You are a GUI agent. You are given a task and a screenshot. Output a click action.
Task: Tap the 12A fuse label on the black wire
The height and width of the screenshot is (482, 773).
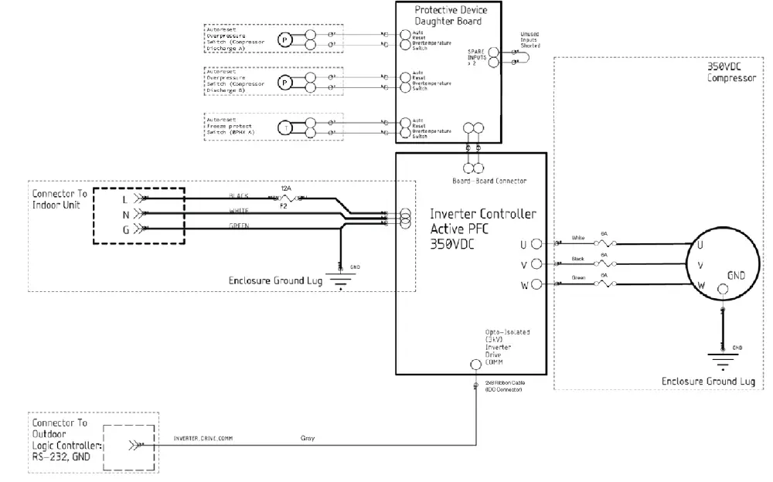285,188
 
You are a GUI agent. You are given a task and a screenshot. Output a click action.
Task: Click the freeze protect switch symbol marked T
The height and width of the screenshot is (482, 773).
286,127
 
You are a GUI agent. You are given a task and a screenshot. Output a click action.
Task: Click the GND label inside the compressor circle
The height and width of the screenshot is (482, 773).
737,276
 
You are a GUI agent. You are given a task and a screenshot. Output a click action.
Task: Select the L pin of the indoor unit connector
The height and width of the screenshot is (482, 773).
125,199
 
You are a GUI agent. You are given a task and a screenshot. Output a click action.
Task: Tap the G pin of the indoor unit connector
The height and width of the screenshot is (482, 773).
125,229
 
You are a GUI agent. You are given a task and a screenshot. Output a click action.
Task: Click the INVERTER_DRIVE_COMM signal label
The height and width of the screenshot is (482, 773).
204,439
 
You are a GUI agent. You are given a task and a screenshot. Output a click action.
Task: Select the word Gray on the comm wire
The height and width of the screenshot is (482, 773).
308,439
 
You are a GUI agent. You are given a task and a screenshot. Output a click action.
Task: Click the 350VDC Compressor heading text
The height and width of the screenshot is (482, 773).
730,73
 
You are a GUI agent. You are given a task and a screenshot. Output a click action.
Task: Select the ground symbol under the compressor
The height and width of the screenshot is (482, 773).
722,358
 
